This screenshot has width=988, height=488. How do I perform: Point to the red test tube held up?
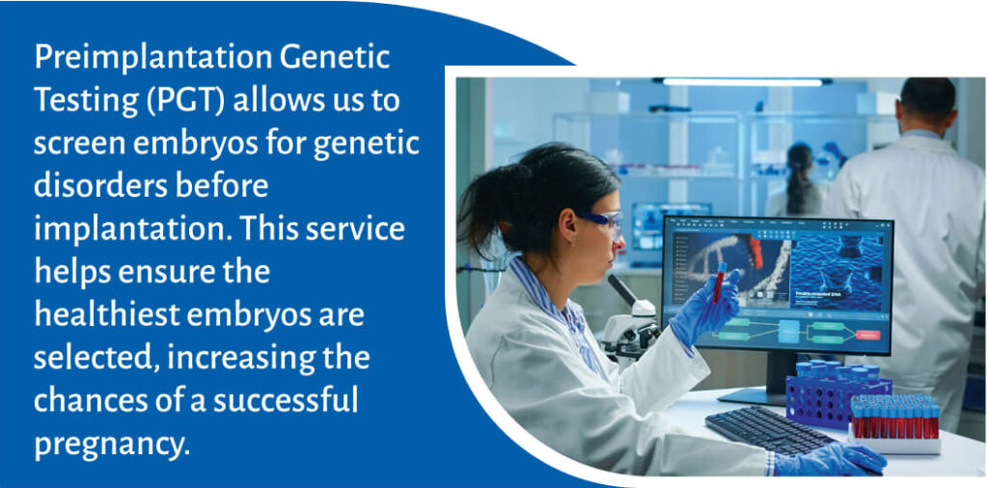719,281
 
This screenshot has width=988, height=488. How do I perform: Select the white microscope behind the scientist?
630,318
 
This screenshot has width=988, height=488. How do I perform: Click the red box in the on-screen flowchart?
867,335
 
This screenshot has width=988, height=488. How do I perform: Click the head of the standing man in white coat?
927,105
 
